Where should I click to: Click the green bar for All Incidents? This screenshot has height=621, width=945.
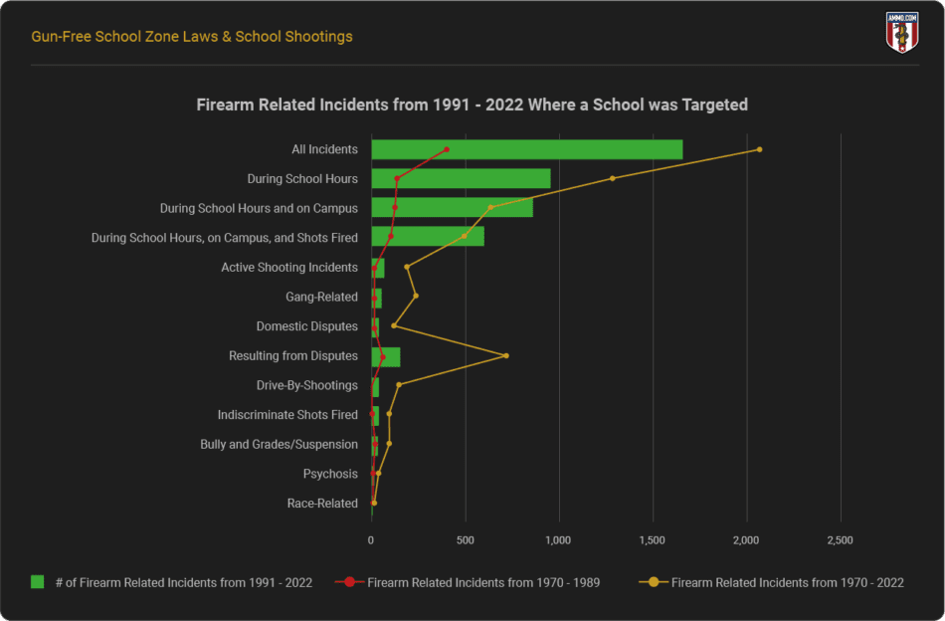coord(527,149)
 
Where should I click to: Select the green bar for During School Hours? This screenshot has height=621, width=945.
coord(461,178)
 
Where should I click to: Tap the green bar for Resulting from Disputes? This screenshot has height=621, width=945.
coord(386,356)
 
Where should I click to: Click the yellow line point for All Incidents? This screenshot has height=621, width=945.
coord(760,149)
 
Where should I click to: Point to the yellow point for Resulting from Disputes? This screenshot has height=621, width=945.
coord(506,355)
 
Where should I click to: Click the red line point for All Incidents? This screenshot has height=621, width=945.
coord(447,149)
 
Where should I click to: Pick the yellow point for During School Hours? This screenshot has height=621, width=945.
coord(613,178)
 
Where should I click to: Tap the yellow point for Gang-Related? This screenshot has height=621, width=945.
coord(416,296)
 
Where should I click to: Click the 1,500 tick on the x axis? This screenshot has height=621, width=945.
coord(653,540)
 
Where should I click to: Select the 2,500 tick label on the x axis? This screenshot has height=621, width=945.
coord(841,540)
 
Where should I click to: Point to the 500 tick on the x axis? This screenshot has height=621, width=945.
coord(465,540)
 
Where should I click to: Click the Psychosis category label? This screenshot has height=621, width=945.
coord(330,474)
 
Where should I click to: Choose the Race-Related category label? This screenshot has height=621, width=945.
coord(322,504)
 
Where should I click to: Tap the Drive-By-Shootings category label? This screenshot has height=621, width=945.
coord(307,385)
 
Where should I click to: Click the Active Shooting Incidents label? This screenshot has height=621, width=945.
coord(289,267)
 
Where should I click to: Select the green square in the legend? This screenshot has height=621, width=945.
coord(39,582)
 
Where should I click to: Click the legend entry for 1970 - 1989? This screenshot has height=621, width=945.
coord(482,582)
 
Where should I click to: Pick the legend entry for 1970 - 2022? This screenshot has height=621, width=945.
coord(787,582)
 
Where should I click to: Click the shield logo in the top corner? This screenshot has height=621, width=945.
coord(901,32)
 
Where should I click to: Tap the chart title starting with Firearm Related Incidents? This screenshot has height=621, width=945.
coord(472,104)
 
